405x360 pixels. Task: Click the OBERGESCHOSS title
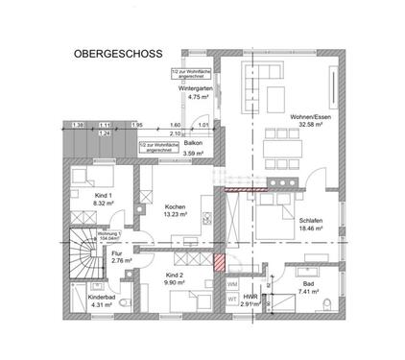point(117,55)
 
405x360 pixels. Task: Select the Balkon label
point(193,142)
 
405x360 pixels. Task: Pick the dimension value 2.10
point(176,134)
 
